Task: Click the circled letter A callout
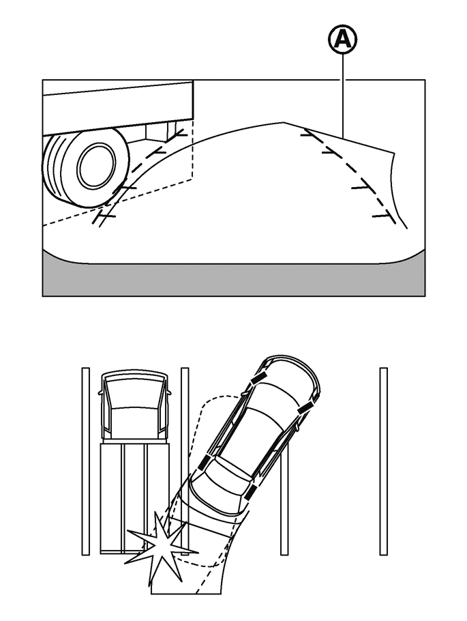click(344, 40)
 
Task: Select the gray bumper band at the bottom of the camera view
click(234, 279)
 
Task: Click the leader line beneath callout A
click(344, 96)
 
